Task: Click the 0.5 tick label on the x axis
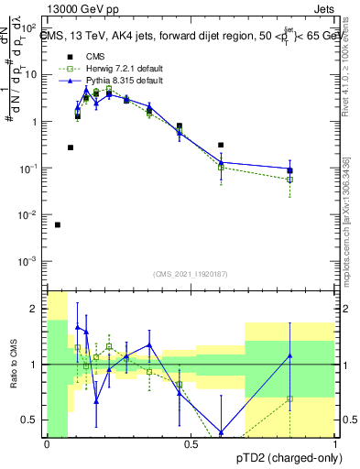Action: pyautogui.click(x=191, y=445)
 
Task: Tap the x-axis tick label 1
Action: pyautogui.click(x=334, y=445)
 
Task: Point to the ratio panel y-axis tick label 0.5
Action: pyautogui.click(x=32, y=420)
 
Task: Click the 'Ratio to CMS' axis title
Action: pyautogui.click(x=13, y=365)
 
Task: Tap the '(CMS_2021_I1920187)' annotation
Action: pyautogui.click(x=191, y=274)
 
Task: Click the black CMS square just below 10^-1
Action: pyautogui.click(x=289, y=170)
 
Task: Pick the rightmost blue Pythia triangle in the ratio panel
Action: pyautogui.click(x=289, y=355)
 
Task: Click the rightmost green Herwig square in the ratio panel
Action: pyautogui.click(x=289, y=398)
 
